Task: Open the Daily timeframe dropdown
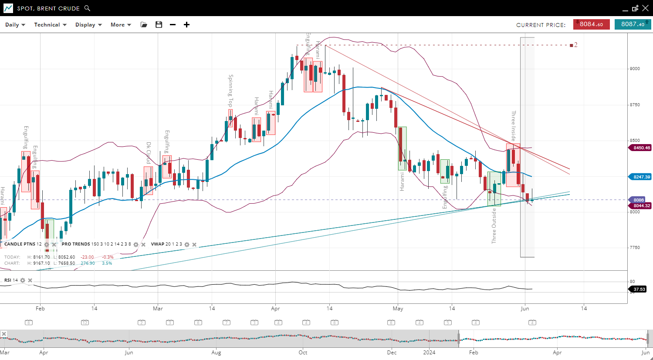click(15, 25)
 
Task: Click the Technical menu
click(50, 25)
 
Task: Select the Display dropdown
click(88, 25)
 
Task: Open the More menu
click(121, 25)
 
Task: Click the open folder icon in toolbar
click(144, 25)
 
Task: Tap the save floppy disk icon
click(159, 25)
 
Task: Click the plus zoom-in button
click(186, 25)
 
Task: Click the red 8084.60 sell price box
click(591, 24)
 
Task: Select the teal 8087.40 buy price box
click(633, 24)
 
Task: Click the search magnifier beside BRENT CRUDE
click(87, 8)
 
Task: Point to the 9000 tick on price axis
click(635, 69)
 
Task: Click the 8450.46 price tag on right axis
click(641, 148)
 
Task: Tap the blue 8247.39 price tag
click(641, 177)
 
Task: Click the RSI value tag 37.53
click(639, 289)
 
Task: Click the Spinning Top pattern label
click(231, 91)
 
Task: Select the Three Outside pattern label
click(494, 225)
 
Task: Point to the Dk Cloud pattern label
click(149, 153)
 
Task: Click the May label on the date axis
click(398, 309)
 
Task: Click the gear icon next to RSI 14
click(23, 280)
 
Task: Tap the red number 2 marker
click(575, 45)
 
